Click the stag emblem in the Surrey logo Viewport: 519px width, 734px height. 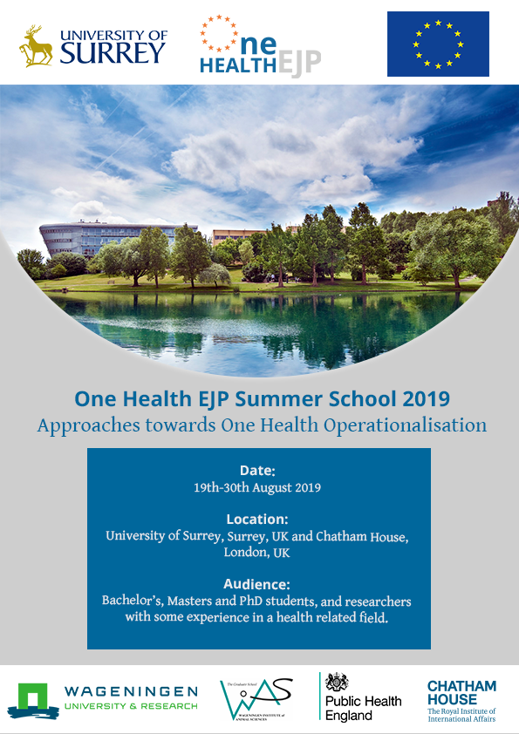pyautogui.click(x=36, y=46)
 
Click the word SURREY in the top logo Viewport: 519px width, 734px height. pyautogui.click(x=113, y=52)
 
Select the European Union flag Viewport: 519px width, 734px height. pyautogui.click(x=438, y=44)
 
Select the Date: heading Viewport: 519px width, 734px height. pyautogui.click(x=257, y=471)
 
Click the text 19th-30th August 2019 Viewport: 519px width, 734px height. pyautogui.click(x=257, y=488)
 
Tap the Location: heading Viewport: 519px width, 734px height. pyautogui.click(x=257, y=520)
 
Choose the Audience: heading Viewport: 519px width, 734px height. pyautogui.click(x=257, y=584)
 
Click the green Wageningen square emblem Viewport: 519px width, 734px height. pyautogui.click(x=32, y=698)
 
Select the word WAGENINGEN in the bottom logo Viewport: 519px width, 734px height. pyautogui.click(x=131, y=691)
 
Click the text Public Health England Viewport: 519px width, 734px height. pyautogui.click(x=363, y=708)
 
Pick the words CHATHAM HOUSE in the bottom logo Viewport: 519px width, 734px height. pyautogui.click(x=461, y=693)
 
